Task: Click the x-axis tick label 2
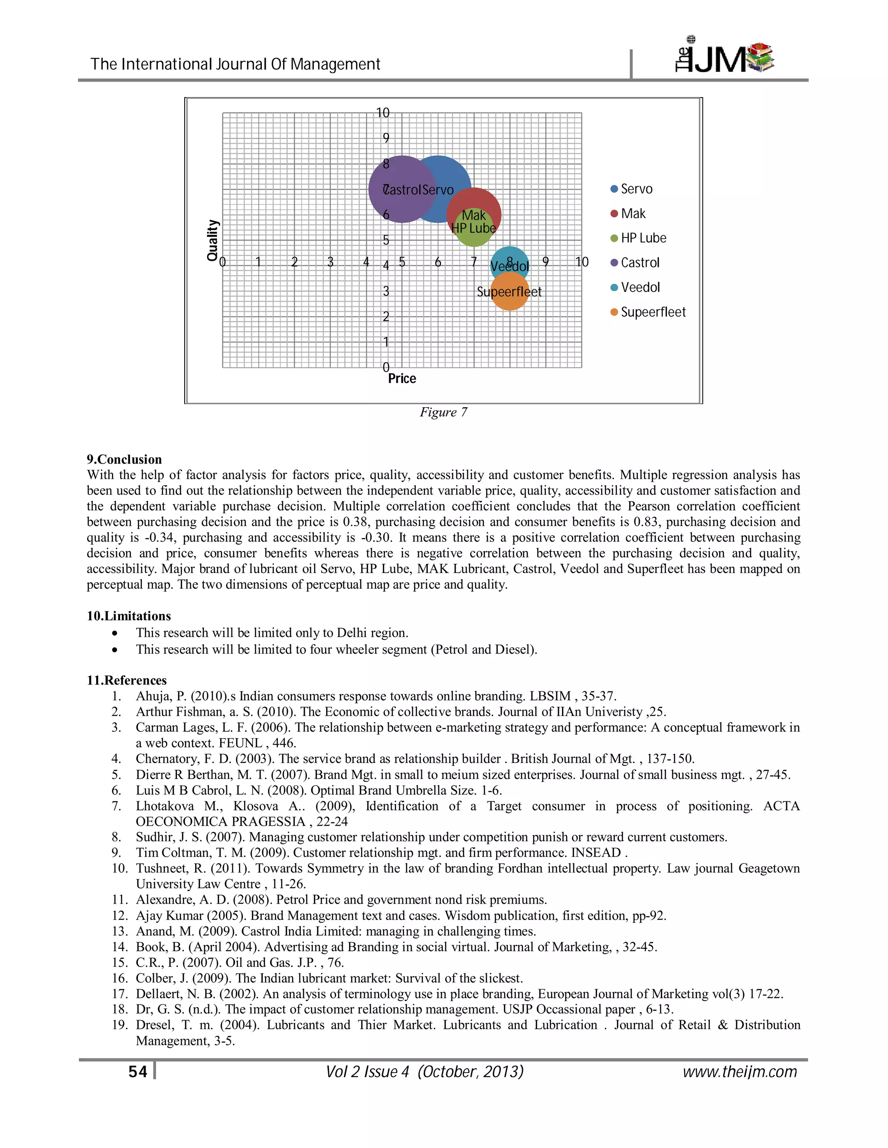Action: pyautogui.click(x=294, y=262)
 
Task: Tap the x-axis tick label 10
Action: pyautogui.click(x=582, y=262)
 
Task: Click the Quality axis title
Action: pyautogui.click(x=212, y=240)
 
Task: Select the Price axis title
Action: pyautogui.click(x=402, y=379)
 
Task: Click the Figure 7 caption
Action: pyautogui.click(x=443, y=412)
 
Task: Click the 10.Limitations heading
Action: pyautogui.click(x=129, y=616)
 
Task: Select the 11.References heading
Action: pyautogui.click(x=127, y=680)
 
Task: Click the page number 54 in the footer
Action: pyautogui.click(x=138, y=1072)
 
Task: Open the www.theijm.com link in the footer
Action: pyautogui.click(x=740, y=1072)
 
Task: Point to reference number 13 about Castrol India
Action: pyautogui.click(x=336, y=931)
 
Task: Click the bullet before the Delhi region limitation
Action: pyautogui.click(x=114, y=633)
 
